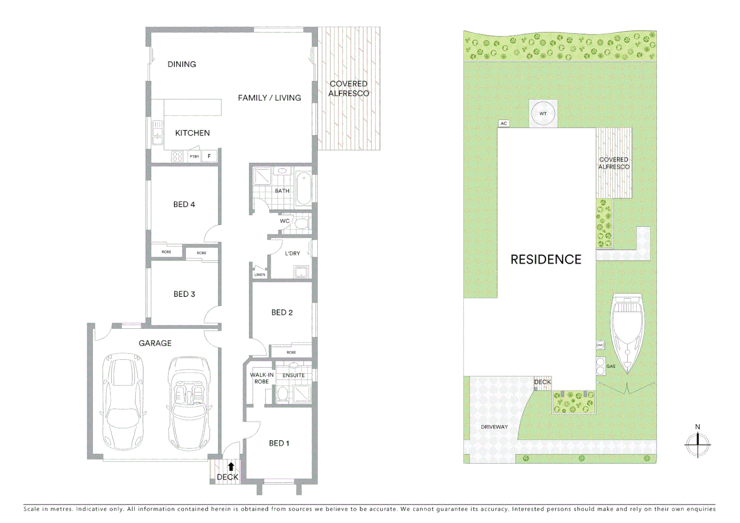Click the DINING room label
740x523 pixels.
pyautogui.click(x=182, y=64)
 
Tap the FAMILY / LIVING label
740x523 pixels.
pyautogui.click(x=269, y=98)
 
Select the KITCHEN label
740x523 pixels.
pyautogui.click(x=192, y=133)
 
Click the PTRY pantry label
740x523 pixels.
pyautogui.click(x=195, y=156)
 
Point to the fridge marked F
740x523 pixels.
pyautogui.click(x=209, y=156)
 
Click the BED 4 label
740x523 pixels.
pyautogui.click(x=184, y=204)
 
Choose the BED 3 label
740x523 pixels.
pyautogui.click(x=184, y=294)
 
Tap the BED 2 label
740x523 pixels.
pyautogui.click(x=282, y=312)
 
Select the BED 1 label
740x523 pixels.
pyautogui.click(x=279, y=443)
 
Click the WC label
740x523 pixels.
pyautogui.click(x=285, y=221)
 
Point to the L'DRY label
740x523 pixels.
pyautogui.click(x=293, y=253)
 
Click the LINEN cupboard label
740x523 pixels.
pyautogui.click(x=260, y=275)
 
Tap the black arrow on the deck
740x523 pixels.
pyautogui.click(x=231, y=467)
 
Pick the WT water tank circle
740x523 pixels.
pyautogui.click(x=543, y=114)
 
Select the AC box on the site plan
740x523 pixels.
pyautogui.click(x=504, y=123)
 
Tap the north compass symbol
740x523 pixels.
pyautogui.click(x=697, y=443)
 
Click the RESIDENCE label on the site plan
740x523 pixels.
pyautogui.click(x=546, y=260)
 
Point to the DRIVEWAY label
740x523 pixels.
pyautogui.click(x=494, y=427)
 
